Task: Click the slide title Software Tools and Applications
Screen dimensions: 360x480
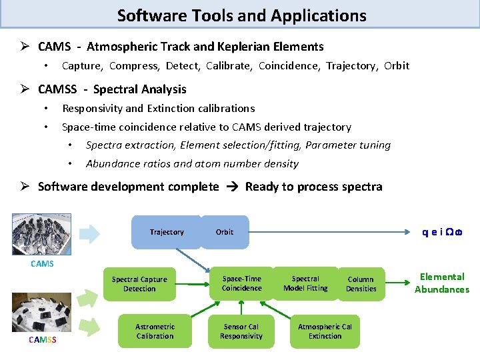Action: [x=241, y=15]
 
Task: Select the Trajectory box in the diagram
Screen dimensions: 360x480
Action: [x=167, y=232]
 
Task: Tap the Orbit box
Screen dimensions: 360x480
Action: [x=225, y=232]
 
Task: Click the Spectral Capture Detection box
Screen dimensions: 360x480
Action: [x=139, y=284]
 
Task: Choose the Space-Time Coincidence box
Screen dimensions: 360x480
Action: [x=241, y=283]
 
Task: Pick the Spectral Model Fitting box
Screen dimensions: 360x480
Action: [x=305, y=283]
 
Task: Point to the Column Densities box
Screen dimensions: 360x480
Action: [x=361, y=284]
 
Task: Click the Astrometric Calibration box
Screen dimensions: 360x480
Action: [x=155, y=331]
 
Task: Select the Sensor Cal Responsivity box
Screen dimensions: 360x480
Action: [x=241, y=331]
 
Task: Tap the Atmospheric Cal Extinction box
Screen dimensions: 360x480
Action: [x=325, y=331]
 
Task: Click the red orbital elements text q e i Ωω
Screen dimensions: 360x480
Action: [x=442, y=232]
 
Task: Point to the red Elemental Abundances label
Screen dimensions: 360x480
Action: [x=441, y=283]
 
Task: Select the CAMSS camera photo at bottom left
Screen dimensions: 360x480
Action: [x=41, y=312]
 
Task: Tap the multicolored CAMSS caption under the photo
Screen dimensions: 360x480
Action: [x=42, y=341]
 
